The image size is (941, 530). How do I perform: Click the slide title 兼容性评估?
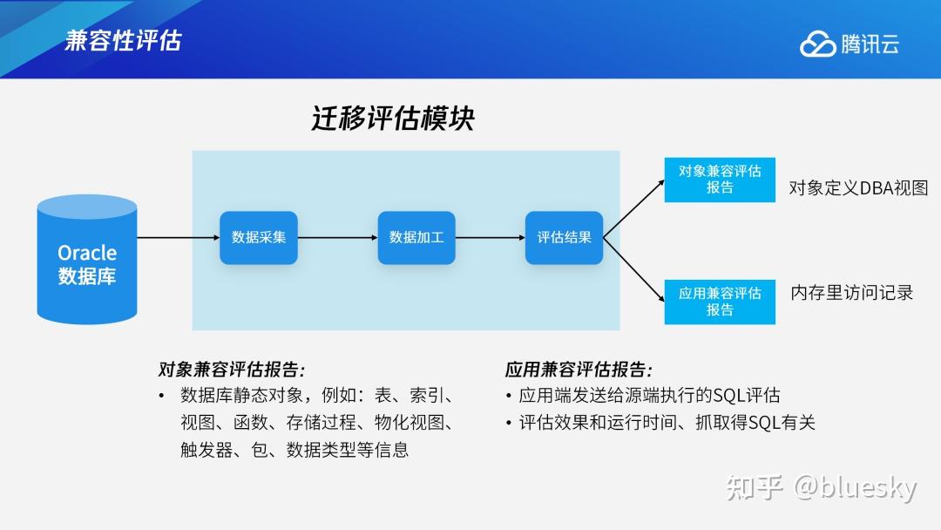(123, 40)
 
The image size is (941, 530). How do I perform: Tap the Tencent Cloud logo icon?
(817, 44)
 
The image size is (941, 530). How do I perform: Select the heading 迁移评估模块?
(393, 118)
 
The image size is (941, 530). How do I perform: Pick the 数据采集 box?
(259, 237)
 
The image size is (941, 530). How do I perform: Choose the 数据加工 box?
(416, 237)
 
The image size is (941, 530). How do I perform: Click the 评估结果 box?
(564, 237)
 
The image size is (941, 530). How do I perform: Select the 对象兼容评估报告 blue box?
(720, 180)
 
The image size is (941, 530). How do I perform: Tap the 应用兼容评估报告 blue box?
(720, 302)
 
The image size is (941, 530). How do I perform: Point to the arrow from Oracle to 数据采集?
(178, 237)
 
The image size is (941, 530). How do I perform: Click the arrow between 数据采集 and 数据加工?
(337, 237)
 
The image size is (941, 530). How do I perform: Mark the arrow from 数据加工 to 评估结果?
(491, 237)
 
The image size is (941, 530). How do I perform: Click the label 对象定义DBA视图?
(858, 187)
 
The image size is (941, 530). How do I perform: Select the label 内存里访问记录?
(851, 293)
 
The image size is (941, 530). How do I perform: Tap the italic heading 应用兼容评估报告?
(579, 369)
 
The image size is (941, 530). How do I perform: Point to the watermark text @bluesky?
(855, 487)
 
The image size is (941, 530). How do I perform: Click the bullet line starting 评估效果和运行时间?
(666, 423)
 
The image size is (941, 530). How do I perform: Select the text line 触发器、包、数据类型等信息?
(294, 450)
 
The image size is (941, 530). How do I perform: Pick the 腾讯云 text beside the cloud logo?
(870, 44)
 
